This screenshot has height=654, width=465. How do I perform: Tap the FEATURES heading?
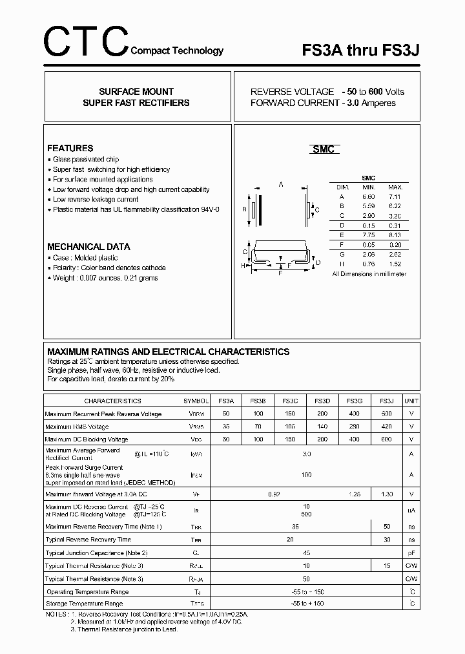[70, 148]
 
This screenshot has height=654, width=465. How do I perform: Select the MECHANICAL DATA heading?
[88, 246]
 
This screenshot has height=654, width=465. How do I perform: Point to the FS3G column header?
[354, 401]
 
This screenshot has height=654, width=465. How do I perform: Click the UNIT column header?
[411, 401]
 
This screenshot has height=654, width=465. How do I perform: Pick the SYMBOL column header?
[196, 401]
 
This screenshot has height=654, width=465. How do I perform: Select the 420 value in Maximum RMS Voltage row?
[386, 427]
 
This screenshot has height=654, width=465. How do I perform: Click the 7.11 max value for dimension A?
[395, 196]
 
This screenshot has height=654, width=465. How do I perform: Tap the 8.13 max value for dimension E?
[395, 235]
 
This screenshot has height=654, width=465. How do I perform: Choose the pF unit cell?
[411, 553]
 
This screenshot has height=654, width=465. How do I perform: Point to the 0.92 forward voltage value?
[274, 494]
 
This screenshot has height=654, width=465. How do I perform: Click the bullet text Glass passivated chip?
[86, 159]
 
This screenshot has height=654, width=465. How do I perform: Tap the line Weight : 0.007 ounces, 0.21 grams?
[105, 278]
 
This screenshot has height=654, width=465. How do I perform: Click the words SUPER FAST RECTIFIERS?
[136, 103]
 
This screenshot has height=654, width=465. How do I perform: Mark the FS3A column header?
[226, 401]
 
